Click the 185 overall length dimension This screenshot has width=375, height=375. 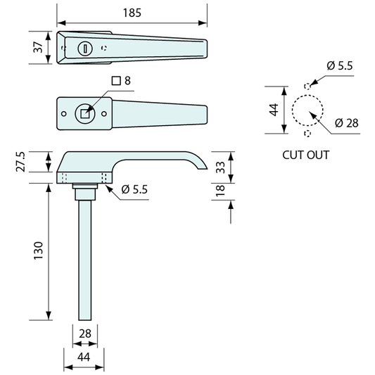click(x=132, y=13)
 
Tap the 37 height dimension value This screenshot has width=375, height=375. click(x=38, y=47)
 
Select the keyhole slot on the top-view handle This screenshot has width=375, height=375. click(x=85, y=49)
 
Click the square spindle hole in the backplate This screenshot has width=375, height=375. click(x=84, y=113)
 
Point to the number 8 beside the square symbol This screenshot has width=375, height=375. click(x=127, y=81)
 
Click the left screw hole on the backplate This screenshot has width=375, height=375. click(x=63, y=113)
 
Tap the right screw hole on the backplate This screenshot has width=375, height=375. click(x=104, y=113)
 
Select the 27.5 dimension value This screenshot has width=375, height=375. click(x=20, y=162)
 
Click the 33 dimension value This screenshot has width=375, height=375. click(x=220, y=167)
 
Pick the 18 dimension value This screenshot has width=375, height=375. click(x=220, y=191)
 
